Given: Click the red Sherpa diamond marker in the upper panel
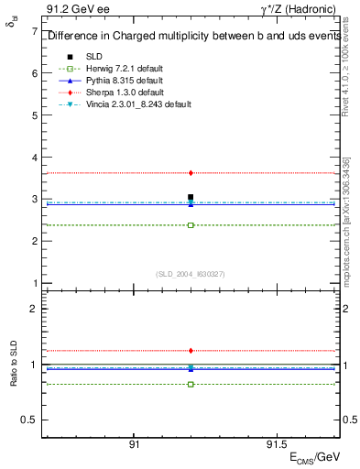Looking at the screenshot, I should (x=191, y=172).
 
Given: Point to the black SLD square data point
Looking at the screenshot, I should (x=191, y=197).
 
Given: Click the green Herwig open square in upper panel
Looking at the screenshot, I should (x=191, y=224).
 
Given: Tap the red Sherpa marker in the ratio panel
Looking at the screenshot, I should (x=191, y=350).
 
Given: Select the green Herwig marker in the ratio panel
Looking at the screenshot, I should (x=191, y=384).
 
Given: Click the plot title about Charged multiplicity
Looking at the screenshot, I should (x=192, y=37).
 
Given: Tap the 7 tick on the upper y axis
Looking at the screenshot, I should (x=34, y=31).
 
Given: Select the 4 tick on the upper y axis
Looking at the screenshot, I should (x=34, y=157).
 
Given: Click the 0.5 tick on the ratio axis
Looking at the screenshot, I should (x=29, y=420).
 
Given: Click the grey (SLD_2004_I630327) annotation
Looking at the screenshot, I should (x=191, y=274).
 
